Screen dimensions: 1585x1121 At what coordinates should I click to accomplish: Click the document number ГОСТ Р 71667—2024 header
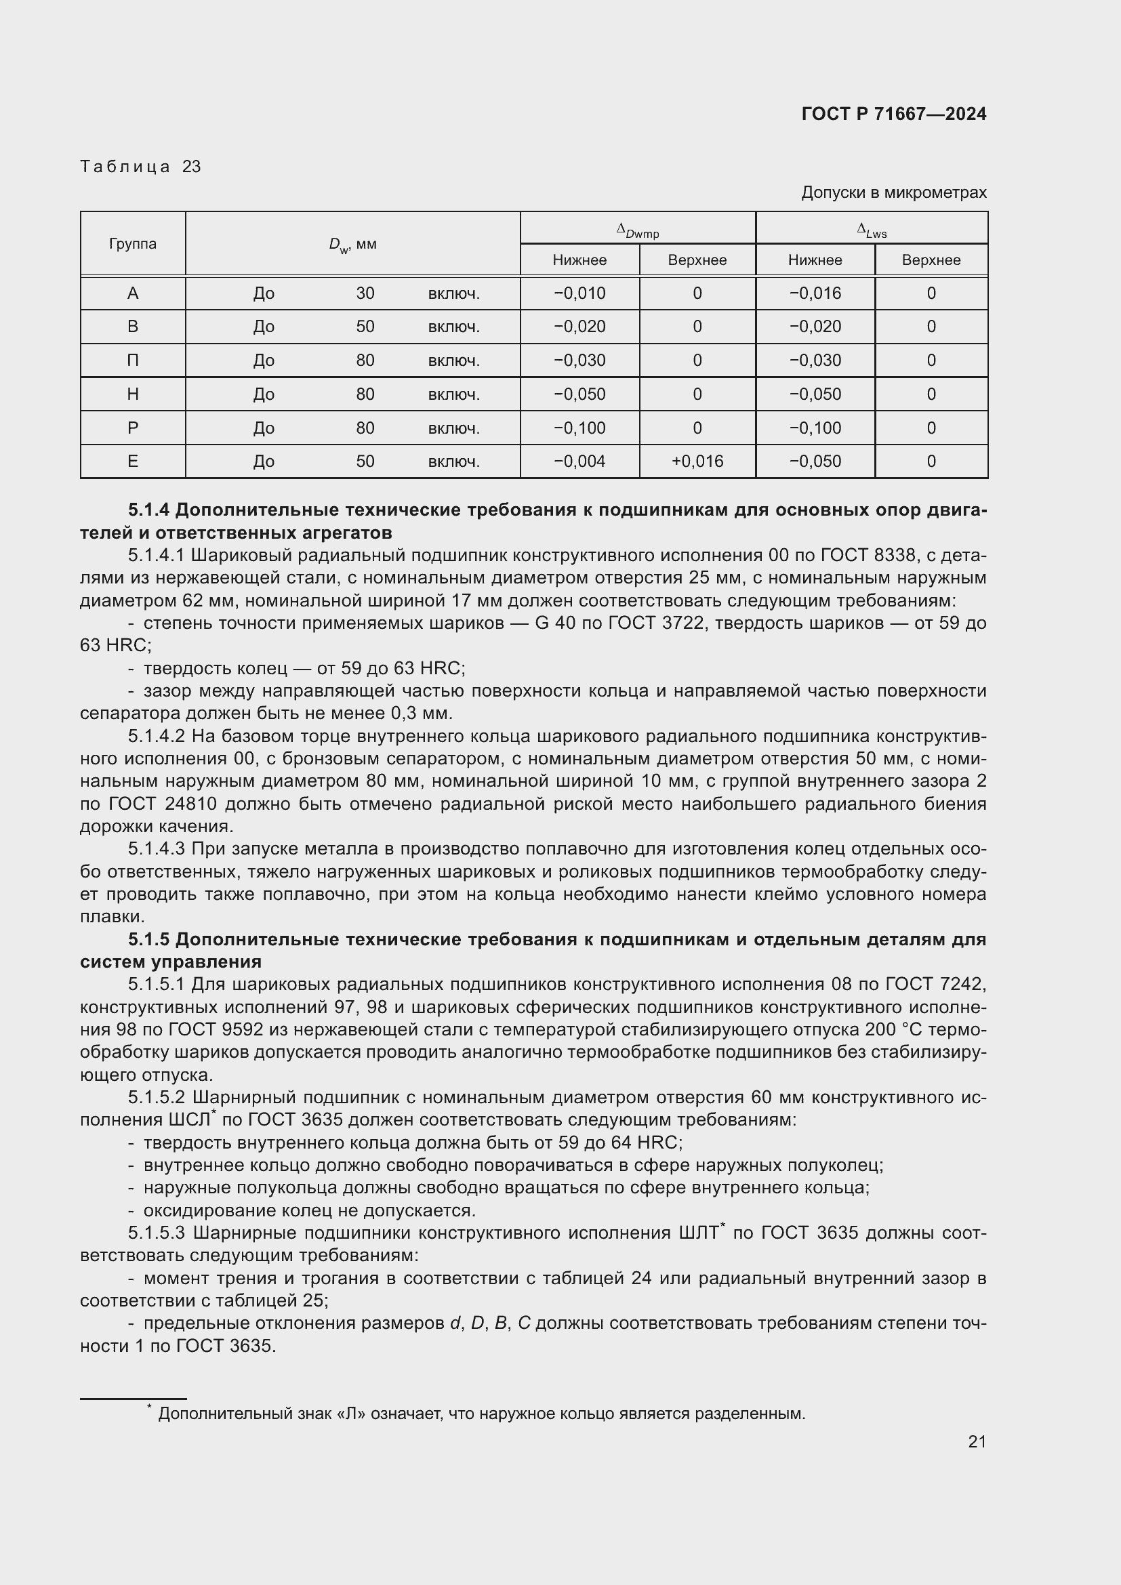coord(893,114)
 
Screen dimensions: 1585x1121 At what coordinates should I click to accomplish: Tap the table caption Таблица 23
coord(140,167)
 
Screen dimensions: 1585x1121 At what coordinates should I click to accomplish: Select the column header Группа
coord(133,244)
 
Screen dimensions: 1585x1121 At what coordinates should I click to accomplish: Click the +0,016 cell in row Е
coord(697,461)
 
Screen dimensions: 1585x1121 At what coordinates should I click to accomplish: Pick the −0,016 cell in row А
coord(815,293)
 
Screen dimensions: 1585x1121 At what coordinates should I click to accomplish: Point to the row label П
coord(133,361)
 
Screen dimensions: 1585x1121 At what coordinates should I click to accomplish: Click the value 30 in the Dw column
coord(365,293)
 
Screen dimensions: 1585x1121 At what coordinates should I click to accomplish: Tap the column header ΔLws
coord(871,229)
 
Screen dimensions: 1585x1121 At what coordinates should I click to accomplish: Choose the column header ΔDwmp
coord(637,229)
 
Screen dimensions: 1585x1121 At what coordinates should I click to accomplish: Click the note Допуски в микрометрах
coord(893,192)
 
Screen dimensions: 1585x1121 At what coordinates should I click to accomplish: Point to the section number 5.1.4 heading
coord(148,510)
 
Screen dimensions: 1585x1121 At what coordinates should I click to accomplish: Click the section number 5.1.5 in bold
coord(148,939)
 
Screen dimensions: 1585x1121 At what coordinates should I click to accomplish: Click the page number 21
coord(977,1441)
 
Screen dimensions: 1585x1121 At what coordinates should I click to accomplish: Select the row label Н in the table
coord(133,394)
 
